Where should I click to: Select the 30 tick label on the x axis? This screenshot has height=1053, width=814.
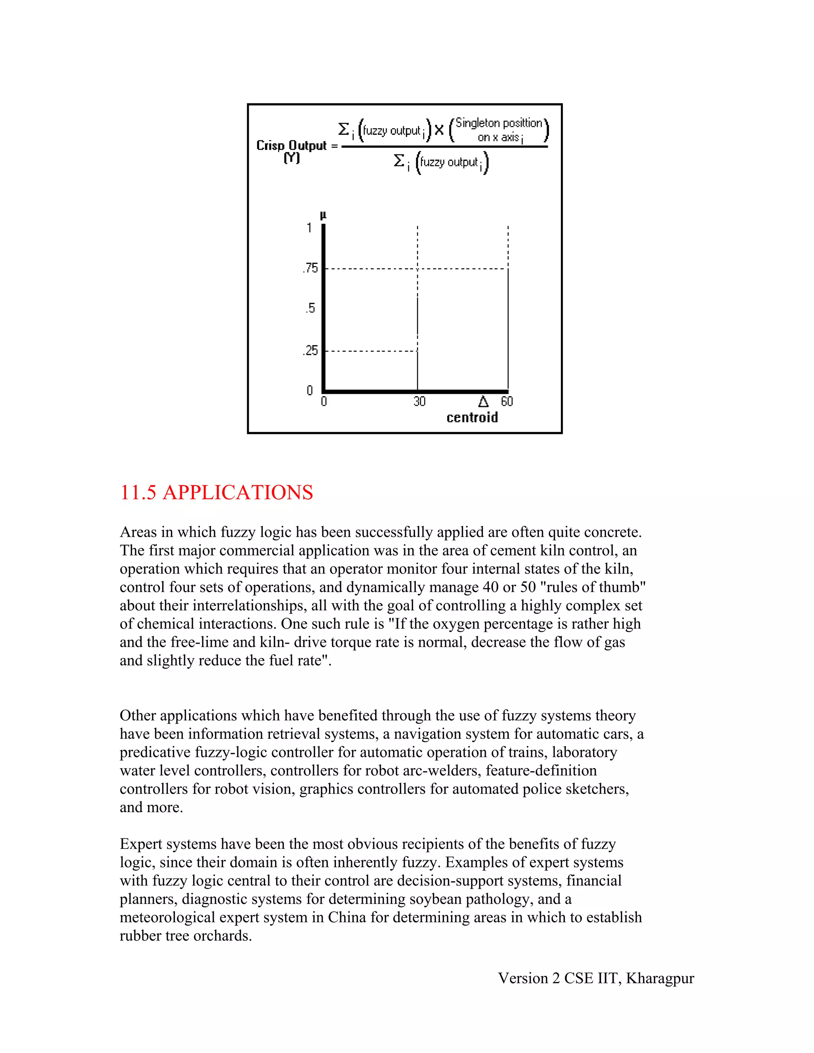[419, 402]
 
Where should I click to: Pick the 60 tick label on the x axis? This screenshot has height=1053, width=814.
[506, 402]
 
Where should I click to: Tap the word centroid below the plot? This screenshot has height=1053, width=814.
[472, 418]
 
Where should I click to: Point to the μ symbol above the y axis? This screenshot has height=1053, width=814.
[323, 215]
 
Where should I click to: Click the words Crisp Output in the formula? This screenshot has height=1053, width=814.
[291, 145]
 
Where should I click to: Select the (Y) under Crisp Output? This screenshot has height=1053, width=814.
[292, 158]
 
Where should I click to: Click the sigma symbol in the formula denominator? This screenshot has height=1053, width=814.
[398, 161]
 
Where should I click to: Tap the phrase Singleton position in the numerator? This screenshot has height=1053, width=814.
[499, 124]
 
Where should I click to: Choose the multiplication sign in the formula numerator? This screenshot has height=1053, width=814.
[439, 130]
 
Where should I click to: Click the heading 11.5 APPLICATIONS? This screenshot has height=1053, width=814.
[217, 493]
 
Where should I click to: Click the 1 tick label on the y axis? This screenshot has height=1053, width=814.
[309, 228]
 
